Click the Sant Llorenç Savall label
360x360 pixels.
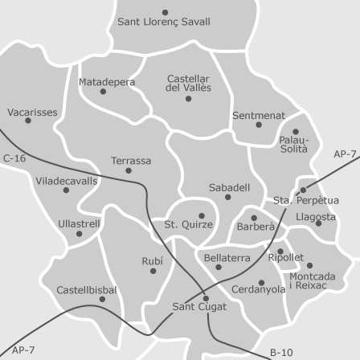point(164,22)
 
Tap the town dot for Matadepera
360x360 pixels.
point(103,92)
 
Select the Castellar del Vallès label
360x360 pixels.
point(189,83)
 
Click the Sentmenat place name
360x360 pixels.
point(259,116)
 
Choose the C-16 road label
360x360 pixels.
point(14,159)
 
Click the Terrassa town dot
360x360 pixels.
point(129,170)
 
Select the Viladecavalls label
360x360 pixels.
point(67,181)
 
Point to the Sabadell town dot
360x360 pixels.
point(228,197)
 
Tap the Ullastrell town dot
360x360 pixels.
point(79,234)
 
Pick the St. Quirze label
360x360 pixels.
point(189,225)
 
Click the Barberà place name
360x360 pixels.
point(256,227)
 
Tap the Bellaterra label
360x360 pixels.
point(227,258)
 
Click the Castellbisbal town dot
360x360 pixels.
point(102,300)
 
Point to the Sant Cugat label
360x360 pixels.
point(200,307)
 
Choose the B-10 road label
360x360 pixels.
point(281,352)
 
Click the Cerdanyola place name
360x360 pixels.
point(258,290)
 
